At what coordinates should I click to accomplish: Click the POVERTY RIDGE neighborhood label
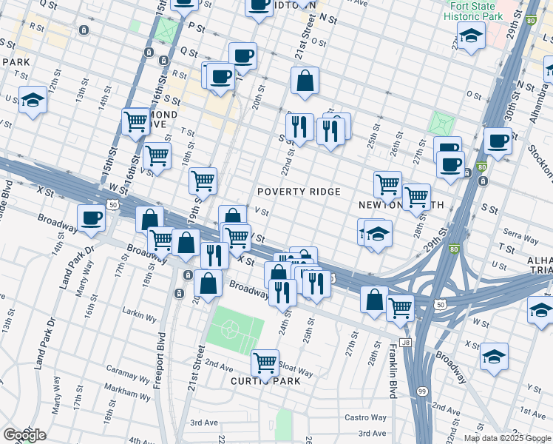pos(299,192)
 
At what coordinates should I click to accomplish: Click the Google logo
pos(24,434)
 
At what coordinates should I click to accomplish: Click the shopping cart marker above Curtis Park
pos(265,363)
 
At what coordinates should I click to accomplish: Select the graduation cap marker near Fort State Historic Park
pos(470,35)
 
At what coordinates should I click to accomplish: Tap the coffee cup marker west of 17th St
pos(92,218)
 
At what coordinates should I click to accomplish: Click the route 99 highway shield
pos(421,391)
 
